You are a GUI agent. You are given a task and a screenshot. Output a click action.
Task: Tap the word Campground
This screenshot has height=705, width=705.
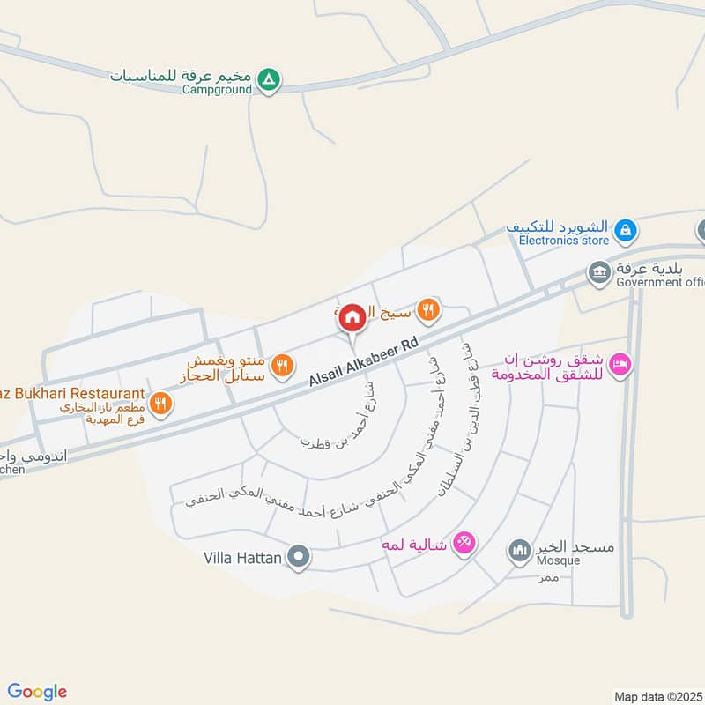217,89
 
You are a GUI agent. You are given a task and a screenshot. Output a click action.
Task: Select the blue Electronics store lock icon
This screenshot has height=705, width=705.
624,231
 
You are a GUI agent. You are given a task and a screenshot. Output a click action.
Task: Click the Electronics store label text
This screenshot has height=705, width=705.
563,240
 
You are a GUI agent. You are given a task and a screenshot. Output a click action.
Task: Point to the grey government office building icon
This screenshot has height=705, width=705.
600,271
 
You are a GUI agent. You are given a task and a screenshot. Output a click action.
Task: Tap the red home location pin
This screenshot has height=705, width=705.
352,318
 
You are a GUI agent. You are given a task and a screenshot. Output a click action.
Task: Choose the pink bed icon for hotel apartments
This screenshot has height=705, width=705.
620,364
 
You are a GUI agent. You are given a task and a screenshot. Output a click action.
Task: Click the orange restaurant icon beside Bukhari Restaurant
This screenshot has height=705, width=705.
160,404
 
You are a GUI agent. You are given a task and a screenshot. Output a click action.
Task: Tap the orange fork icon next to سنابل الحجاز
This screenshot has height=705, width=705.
281,366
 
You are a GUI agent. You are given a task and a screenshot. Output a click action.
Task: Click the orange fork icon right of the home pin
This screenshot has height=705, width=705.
427,309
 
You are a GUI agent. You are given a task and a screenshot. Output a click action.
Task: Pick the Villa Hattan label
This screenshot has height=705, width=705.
241,557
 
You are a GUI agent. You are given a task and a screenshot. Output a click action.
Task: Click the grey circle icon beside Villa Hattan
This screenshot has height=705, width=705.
299,557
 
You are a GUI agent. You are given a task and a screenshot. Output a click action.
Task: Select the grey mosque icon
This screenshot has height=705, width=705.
518,551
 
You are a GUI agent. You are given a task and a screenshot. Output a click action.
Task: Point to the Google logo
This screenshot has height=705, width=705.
37,692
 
